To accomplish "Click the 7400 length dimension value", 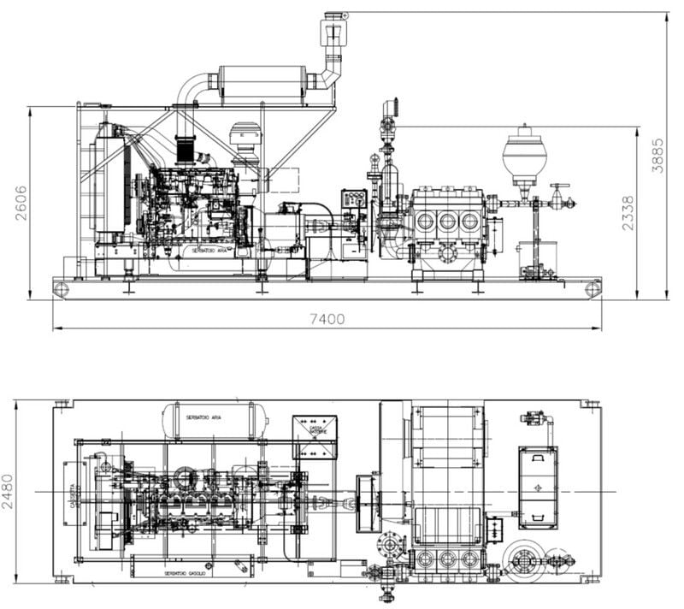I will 327,319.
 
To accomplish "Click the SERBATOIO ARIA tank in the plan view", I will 215,418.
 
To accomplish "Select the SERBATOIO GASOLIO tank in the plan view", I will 192,565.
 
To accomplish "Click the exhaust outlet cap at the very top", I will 334,17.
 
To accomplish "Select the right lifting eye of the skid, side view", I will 593,289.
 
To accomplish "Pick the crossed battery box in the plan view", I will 315,436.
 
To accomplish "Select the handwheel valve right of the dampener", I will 559,197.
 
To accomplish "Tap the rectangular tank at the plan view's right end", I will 538,486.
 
